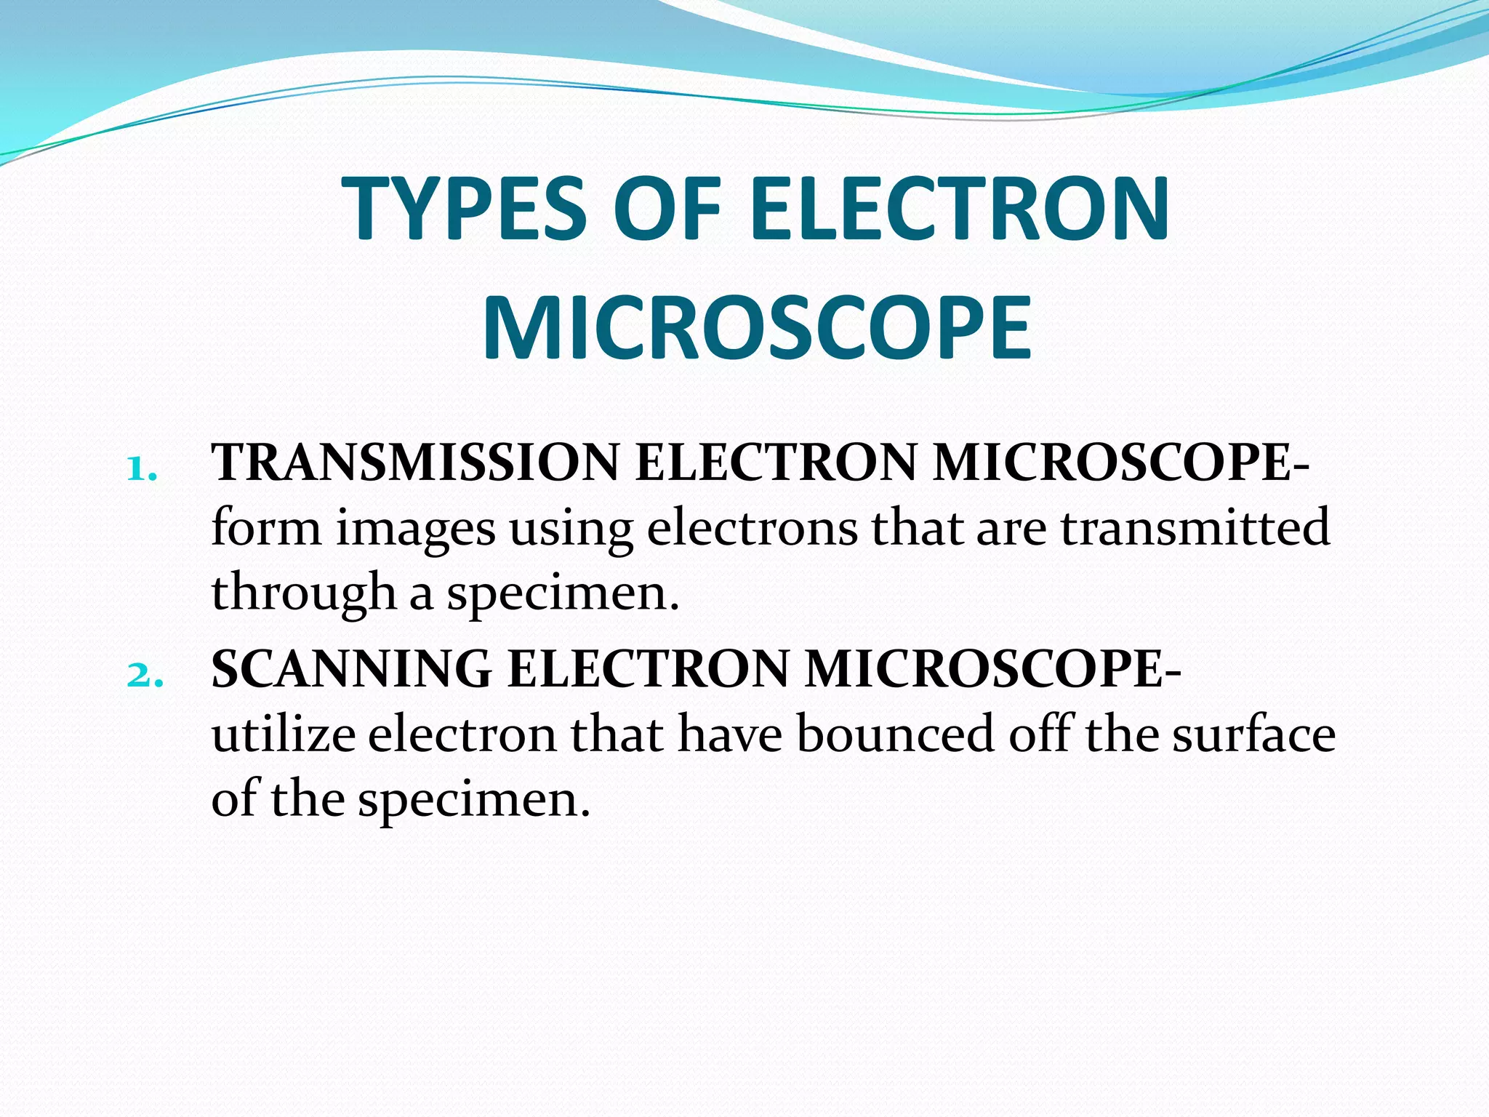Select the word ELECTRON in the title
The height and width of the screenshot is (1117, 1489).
click(x=959, y=209)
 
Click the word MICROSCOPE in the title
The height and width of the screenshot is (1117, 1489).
click(x=756, y=329)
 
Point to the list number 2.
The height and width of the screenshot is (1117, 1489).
click(x=144, y=676)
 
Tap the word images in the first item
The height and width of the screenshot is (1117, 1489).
click(x=415, y=529)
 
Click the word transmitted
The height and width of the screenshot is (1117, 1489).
click(x=1195, y=528)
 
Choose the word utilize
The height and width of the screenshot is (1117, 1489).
click(x=284, y=734)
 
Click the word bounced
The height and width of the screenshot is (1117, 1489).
click(x=895, y=734)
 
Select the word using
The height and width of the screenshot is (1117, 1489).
click(x=571, y=529)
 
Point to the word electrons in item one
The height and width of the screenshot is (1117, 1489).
click(x=752, y=528)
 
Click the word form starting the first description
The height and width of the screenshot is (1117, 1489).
click(x=266, y=528)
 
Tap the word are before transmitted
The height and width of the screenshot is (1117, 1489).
click(x=1011, y=529)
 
